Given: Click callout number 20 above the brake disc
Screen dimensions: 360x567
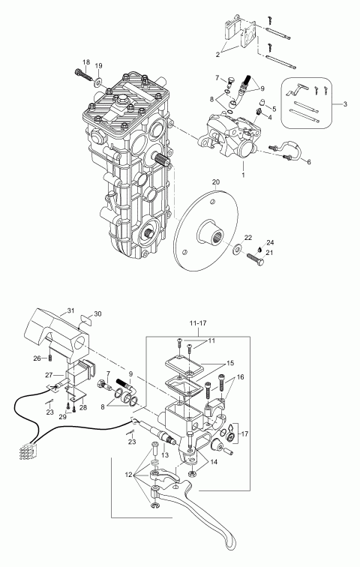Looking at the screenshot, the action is coord(216,182).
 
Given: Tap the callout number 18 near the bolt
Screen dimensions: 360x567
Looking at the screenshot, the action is coord(85,62).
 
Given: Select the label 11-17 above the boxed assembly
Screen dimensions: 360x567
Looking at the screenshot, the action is coord(197,323).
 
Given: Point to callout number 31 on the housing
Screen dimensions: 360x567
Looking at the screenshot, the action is coord(70,310).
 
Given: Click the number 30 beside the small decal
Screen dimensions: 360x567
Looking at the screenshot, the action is coord(97,313).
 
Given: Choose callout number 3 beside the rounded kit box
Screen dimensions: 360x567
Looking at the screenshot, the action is coord(345,104).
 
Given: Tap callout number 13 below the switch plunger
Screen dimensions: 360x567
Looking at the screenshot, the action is coord(165,455).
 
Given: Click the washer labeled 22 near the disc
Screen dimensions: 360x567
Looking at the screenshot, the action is coord(238,249).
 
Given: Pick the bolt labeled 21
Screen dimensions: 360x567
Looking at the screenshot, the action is coord(255,259).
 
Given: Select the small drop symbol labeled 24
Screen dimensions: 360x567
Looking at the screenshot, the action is coord(260,249).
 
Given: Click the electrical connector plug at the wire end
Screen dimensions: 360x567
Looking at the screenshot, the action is coord(26,451).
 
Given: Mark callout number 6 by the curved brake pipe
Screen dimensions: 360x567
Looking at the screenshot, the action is coord(309,162).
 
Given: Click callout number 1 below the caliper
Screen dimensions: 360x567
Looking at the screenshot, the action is coord(243,175).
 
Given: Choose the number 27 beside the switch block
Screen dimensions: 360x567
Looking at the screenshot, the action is coord(50,375).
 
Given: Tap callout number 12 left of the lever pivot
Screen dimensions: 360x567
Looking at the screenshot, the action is coord(129,475).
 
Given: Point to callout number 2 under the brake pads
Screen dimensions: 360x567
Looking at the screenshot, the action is coord(217,55).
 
